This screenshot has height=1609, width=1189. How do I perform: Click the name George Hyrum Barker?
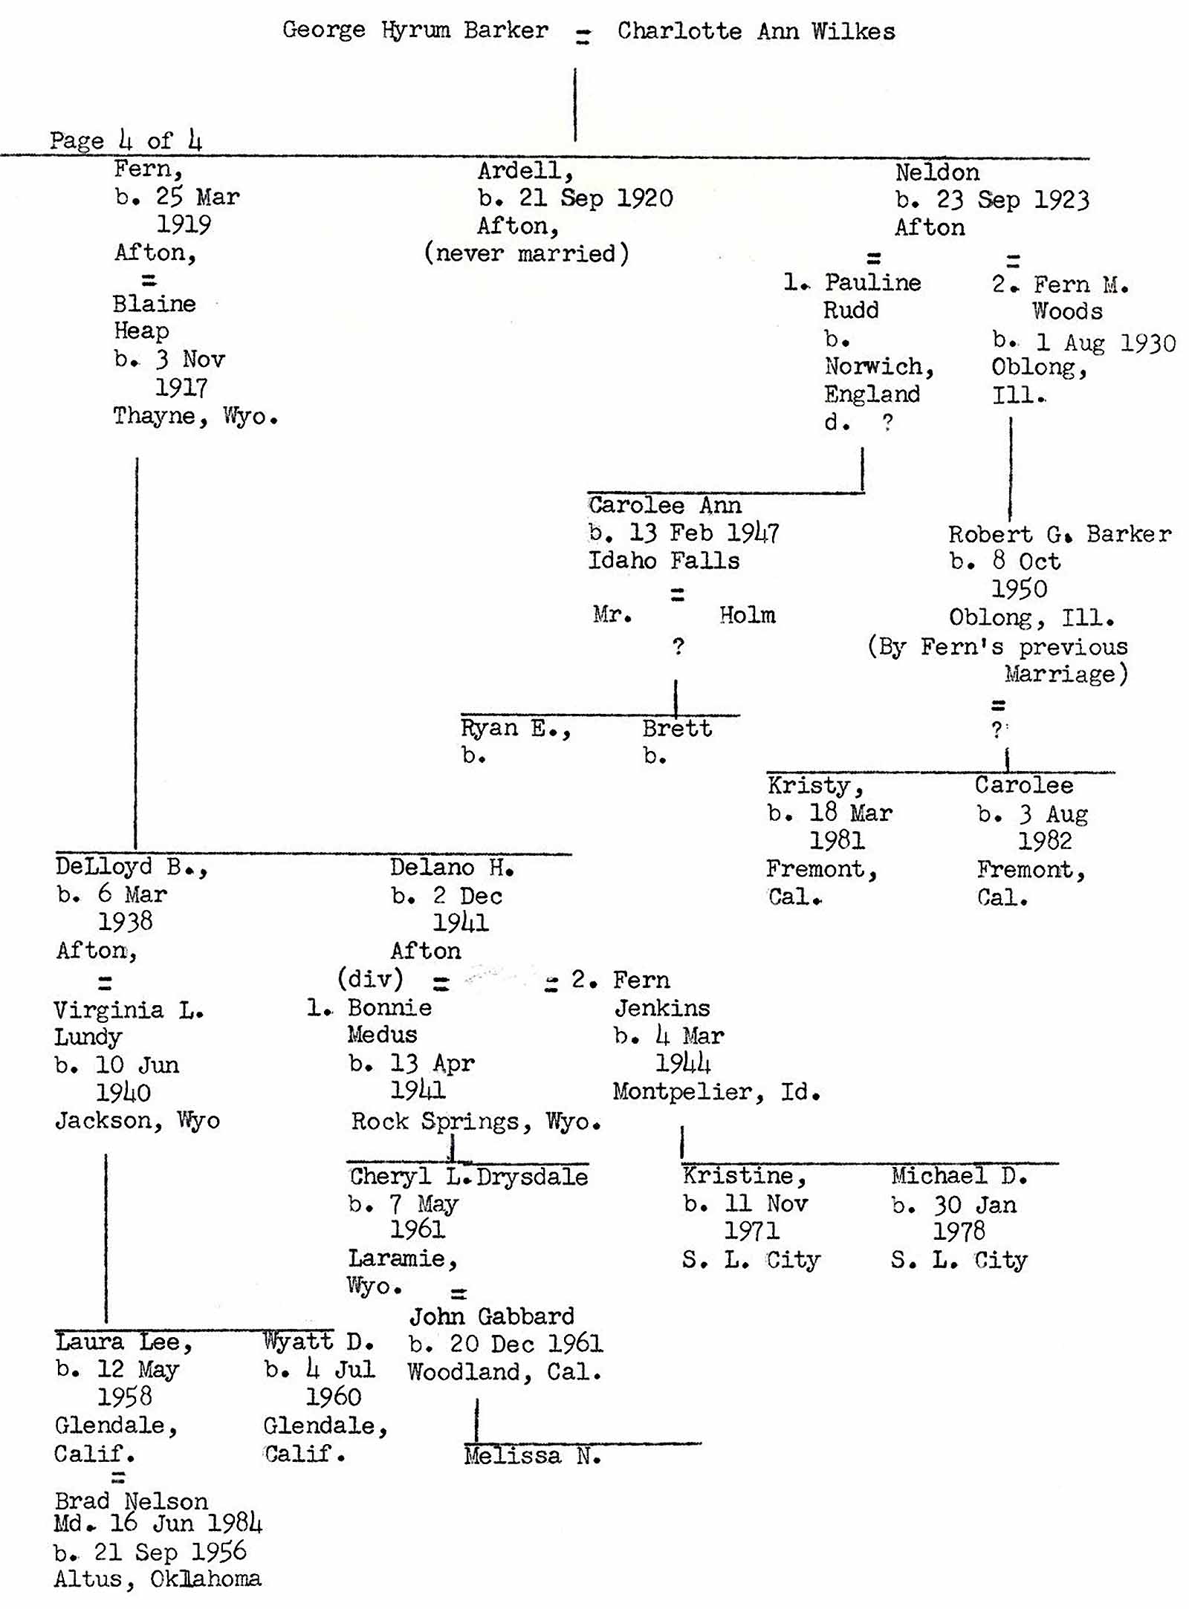point(415,30)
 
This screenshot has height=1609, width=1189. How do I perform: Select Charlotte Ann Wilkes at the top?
point(756,31)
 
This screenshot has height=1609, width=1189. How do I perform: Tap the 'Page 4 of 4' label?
point(126,140)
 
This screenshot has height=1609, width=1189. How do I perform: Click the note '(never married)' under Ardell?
point(526,254)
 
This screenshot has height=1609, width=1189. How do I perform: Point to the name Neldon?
point(936,173)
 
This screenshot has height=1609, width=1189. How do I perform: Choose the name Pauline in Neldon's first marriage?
point(872,283)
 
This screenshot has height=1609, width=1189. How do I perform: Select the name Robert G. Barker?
point(1059,534)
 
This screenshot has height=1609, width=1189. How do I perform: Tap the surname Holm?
point(747,615)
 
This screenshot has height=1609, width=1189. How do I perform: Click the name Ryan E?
point(514,728)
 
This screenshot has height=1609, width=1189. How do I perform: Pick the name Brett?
point(677,729)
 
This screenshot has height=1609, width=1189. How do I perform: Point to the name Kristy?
point(814,785)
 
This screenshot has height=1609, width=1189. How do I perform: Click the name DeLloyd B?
point(131,867)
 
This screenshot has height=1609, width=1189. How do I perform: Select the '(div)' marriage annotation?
point(370,978)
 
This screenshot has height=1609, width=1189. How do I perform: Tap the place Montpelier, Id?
point(716,1092)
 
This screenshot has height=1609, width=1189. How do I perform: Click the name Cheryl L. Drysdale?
point(468,1177)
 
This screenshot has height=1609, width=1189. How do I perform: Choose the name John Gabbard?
point(492,1316)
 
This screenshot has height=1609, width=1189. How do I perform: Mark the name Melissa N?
point(532,1455)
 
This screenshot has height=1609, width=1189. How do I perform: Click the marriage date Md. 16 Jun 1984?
point(158,1524)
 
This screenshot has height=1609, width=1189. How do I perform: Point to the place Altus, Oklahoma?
point(158,1579)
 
